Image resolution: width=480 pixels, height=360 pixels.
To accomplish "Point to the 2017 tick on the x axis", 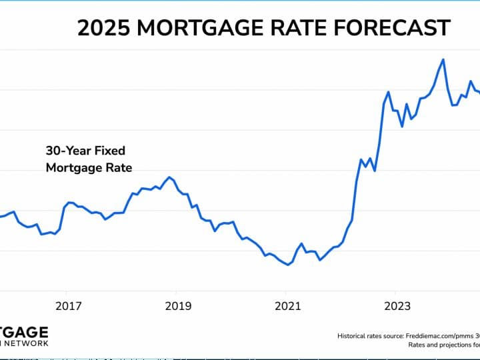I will click(68, 306).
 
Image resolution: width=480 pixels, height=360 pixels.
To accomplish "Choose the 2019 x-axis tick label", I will click(177, 306).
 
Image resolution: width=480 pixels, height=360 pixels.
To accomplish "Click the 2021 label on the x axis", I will click(287, 306).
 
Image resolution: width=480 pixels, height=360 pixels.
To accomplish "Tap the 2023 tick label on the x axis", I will click(397, 306).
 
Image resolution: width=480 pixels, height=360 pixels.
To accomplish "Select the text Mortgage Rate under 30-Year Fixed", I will click(89, 168).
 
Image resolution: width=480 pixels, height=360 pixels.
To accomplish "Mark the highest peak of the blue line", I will click(443, 59).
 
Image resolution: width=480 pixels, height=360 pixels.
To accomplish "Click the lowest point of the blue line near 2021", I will click(288, 265).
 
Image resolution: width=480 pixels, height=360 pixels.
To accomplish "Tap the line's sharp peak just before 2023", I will click(388, 92).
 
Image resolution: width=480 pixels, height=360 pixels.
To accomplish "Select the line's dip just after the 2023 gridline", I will click(402, 126).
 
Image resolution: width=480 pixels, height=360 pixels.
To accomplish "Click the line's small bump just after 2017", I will click(69, 202).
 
